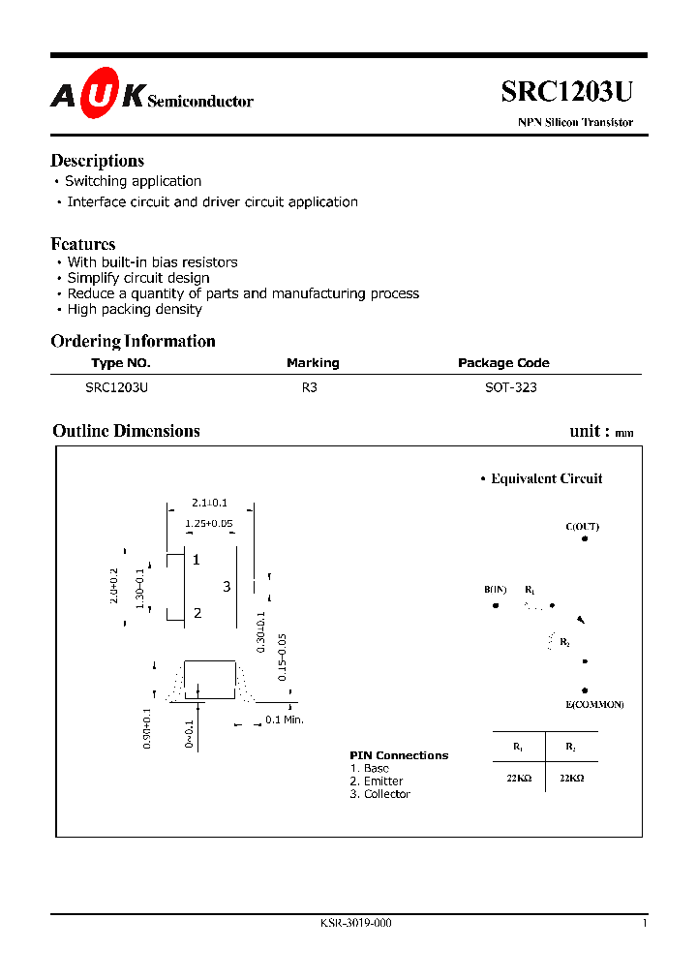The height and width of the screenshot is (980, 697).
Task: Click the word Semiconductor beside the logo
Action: tap(200, 101)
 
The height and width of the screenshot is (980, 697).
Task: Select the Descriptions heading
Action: tap(97, 161)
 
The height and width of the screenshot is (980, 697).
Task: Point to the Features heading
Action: tap(83, 244)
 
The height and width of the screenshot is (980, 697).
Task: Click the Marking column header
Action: tap(313, 363)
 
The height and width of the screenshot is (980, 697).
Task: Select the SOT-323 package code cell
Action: tap(510, 387)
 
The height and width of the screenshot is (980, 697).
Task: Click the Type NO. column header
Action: tap(121, 363)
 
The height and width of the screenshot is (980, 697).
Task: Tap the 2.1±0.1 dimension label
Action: tap(209, 503)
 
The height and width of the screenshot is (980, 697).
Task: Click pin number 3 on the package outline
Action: tap(227, 587)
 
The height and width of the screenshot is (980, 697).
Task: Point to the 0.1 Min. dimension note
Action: tap(285, 720)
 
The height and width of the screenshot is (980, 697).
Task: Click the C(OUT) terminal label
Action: tap(582, 527)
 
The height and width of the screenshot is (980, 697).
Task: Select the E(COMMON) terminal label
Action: tap(594, 704)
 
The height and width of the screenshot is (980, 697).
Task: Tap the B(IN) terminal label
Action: tap(496, 590)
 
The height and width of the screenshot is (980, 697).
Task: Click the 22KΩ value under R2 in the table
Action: tap(572, 777)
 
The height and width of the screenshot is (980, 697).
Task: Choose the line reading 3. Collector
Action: tap(380, 794)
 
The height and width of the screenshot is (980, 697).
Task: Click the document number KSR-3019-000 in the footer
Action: tap(355, 923)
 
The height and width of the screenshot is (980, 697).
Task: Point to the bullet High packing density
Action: tap(135, 309)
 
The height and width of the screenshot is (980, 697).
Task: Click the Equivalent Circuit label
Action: tap(546, 478)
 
